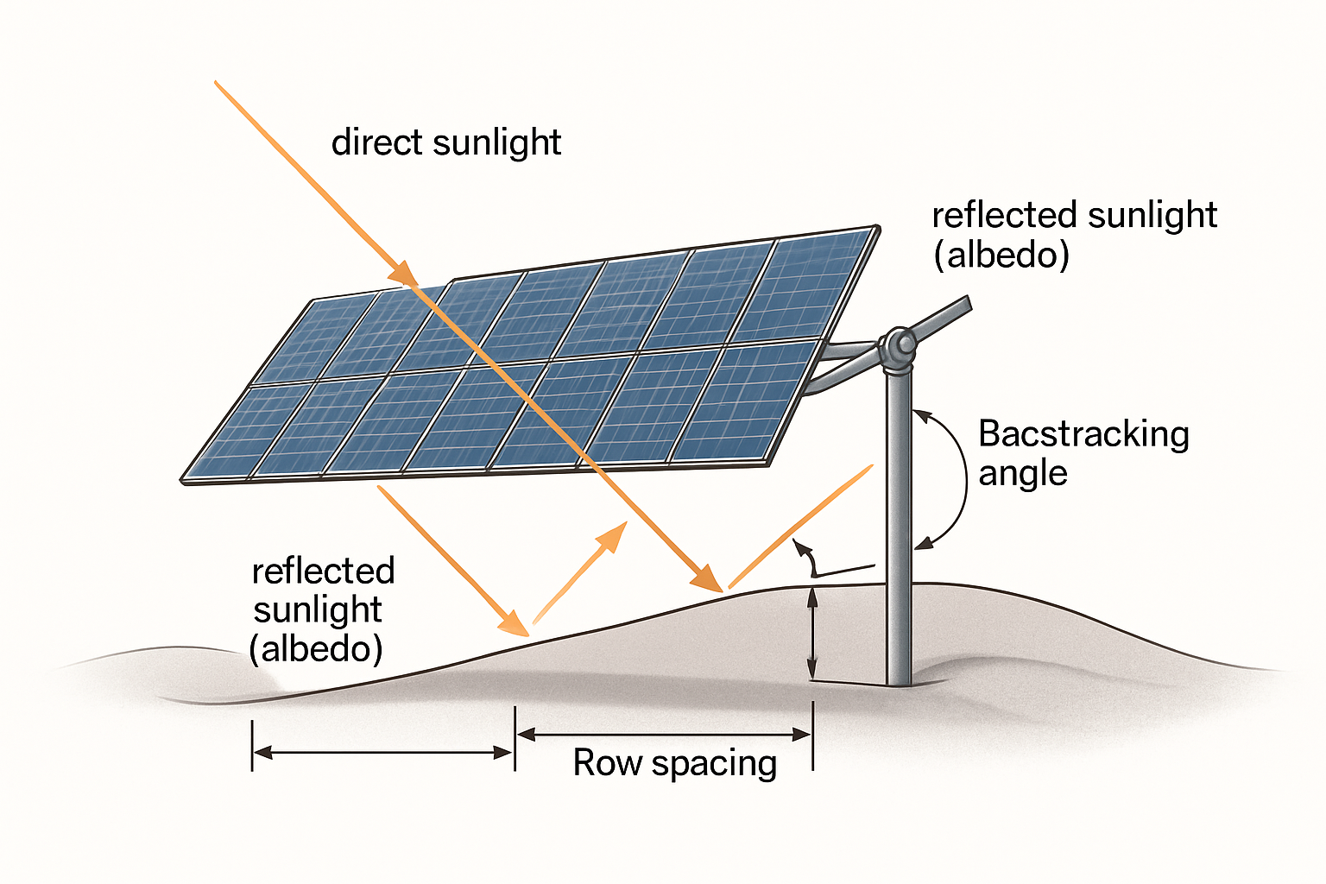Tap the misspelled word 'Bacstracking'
tap(1083, 434)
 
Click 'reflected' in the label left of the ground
tap(323, 571)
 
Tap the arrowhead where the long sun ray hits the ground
tap(710, 578)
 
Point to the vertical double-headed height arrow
tap(811, 632)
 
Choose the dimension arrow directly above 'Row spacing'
tap(663, 735)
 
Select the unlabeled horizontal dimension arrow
tap(383, 753)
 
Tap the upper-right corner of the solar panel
tap(877, 229)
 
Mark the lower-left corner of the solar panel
tap(184, 479)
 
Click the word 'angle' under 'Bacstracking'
tap(1022, 474)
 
